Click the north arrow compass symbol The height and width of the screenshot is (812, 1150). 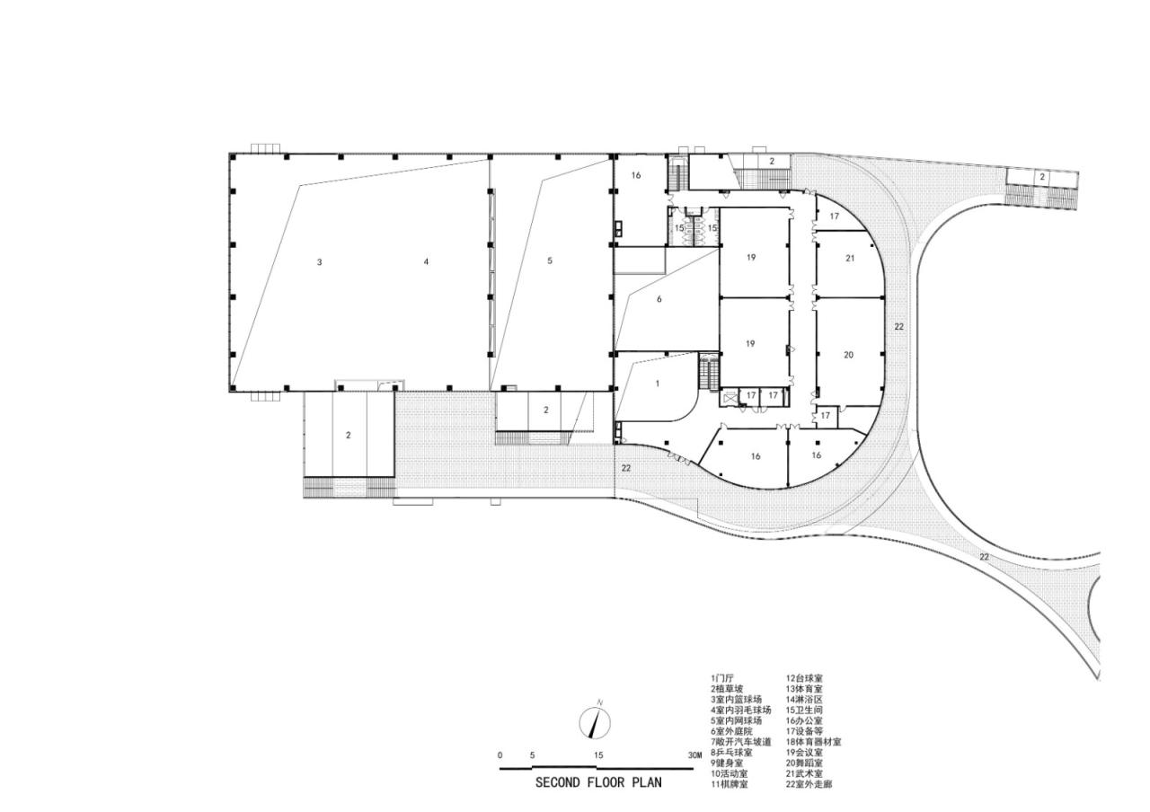point(595,721)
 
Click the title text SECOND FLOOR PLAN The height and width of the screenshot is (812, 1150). point(598,782)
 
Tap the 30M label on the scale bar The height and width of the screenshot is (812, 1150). point(694,755)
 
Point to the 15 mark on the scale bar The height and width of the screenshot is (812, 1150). point(597,755)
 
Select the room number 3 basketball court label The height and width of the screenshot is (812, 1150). point(319,262)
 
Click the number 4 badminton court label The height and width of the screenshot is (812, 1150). point(426,261)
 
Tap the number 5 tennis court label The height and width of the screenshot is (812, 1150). point(550,261)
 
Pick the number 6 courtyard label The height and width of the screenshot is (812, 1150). point(659,299)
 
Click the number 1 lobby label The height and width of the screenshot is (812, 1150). point(658,384)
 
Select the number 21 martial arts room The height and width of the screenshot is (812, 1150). point(850,258)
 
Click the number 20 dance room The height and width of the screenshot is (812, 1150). point(848,355)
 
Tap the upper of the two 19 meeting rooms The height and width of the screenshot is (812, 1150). point(750,258)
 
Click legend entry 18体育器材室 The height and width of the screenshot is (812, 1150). point(813,742)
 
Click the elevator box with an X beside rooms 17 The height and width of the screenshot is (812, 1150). point(730,395)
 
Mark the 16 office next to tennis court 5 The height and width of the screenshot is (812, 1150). point(635,175)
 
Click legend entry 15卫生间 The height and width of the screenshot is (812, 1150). point(804,710)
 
